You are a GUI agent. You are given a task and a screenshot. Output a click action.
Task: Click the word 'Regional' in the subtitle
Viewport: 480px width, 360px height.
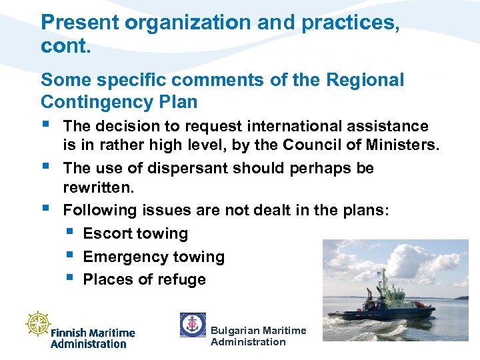(x=365, y=81)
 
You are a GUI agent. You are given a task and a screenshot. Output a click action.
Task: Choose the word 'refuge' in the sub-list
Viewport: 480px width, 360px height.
(x=182, y=280)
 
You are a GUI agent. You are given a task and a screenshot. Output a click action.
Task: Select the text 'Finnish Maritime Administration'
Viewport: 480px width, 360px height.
(x=93, y=338)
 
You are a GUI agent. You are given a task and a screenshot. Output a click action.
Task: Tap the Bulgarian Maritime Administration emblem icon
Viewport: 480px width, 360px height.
(x=193, y=325)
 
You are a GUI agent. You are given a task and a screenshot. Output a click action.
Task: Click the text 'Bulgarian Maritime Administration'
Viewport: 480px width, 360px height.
(x=258, y=337)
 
